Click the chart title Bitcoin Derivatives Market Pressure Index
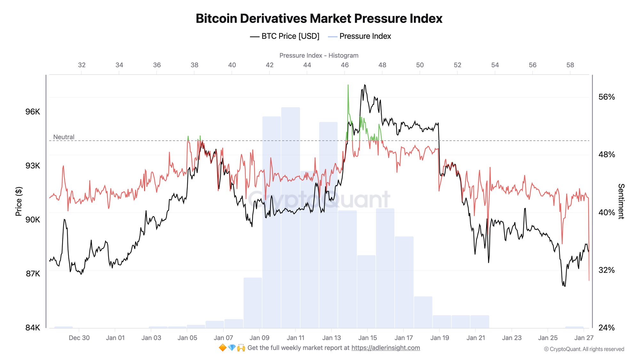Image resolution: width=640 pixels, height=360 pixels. (x=319, y=19)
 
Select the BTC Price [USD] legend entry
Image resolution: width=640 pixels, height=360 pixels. (x=285, y=36)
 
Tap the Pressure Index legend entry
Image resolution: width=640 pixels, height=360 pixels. (x=360, y=36)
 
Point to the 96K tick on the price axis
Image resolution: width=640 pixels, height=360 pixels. (x=33, y=112)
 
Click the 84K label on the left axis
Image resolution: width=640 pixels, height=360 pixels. (x=33, y=328)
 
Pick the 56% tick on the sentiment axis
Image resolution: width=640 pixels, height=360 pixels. (x=606, y=97)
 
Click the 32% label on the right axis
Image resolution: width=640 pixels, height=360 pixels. (x=606, y=270)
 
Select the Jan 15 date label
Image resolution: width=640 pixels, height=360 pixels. (x=367, y=338)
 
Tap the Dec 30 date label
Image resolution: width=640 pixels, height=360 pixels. (x=79, y=338)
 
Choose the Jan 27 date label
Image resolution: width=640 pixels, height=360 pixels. (x=584, y=338)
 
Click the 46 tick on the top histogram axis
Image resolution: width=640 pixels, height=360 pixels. (x=345, y=65)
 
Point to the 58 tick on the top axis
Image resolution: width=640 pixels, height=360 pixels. (x=570, y=65)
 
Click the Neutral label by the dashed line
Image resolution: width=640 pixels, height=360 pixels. (x=64, y=137)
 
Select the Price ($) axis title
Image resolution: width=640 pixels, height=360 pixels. (x=19, y=201)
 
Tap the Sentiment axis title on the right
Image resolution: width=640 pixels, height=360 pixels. (x=621, y=201)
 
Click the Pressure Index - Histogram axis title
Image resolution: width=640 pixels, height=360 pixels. (x=319, y=55)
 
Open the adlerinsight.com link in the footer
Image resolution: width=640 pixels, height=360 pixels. (x=386, y=348)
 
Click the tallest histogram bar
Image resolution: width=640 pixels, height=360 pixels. (x=291, y=218)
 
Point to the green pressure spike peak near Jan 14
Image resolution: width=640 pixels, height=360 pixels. (x=348, y=86)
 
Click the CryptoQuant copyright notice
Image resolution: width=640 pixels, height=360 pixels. (x=584, y=349)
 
